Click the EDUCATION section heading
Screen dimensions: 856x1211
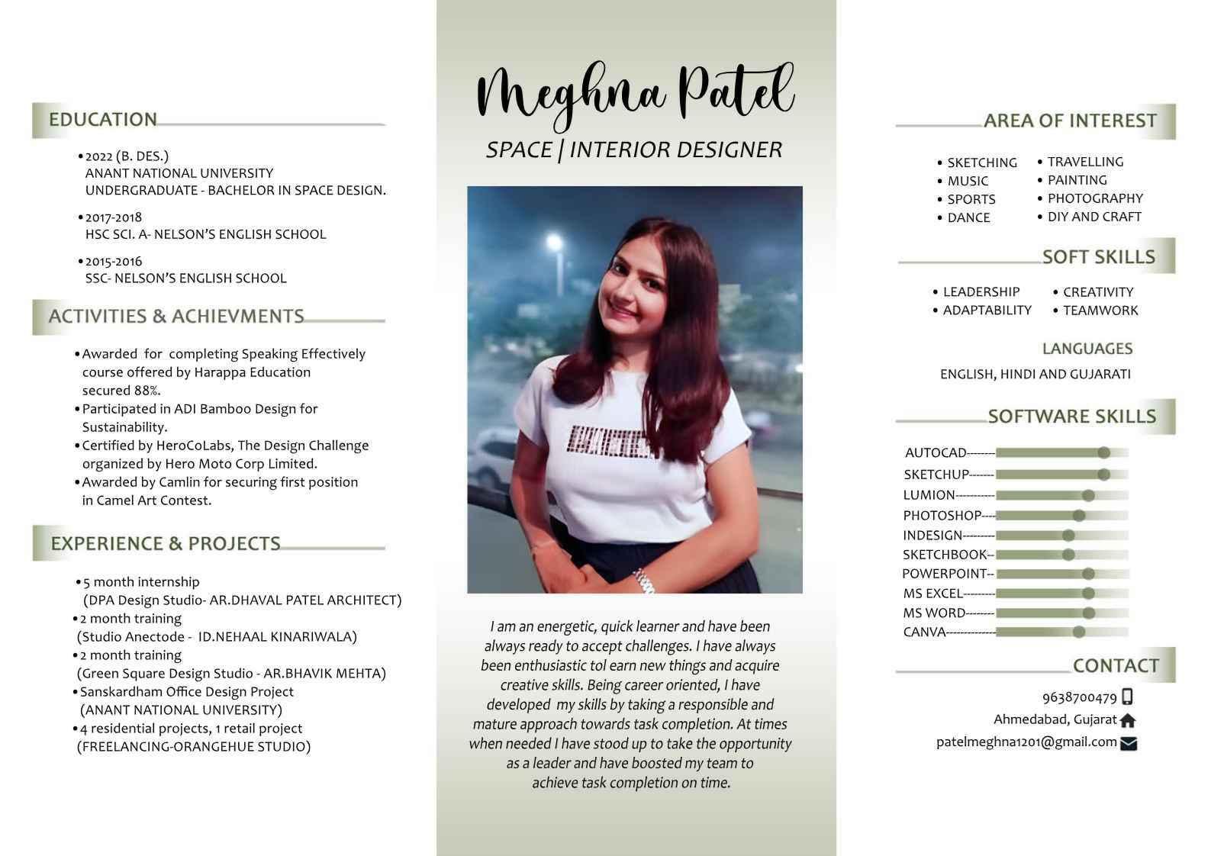tap(102, 120)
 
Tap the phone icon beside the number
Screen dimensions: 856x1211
tap(1128, 697)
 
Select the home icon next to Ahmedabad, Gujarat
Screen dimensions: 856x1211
tap(1128, 720)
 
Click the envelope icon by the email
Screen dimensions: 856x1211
tap(1129, 744)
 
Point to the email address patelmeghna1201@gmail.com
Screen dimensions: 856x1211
tap(1026, 742)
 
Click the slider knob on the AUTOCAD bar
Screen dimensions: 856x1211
tap(1103, 453)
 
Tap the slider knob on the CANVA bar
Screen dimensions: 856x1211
tap(1079, 632)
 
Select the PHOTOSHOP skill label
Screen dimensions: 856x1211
tap(942, 516)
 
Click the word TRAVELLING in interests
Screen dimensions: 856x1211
tap(1085, 162)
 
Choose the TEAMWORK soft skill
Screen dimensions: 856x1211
tap(1100, 311)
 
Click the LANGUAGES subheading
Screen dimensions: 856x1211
tap(1087, 349)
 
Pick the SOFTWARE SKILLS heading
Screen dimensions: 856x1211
tap(1071, 417)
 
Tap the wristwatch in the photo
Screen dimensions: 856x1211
tap(643, 581)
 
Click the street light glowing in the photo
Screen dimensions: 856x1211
tap(553, 243)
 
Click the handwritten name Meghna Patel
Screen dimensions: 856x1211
tap(635, 93)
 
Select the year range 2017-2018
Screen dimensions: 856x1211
tap(114, 217)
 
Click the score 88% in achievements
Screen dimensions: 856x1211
tap(144, 391)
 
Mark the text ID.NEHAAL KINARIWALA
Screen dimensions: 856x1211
tap(277, 637)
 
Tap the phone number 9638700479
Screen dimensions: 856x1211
tap(1079, 697)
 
